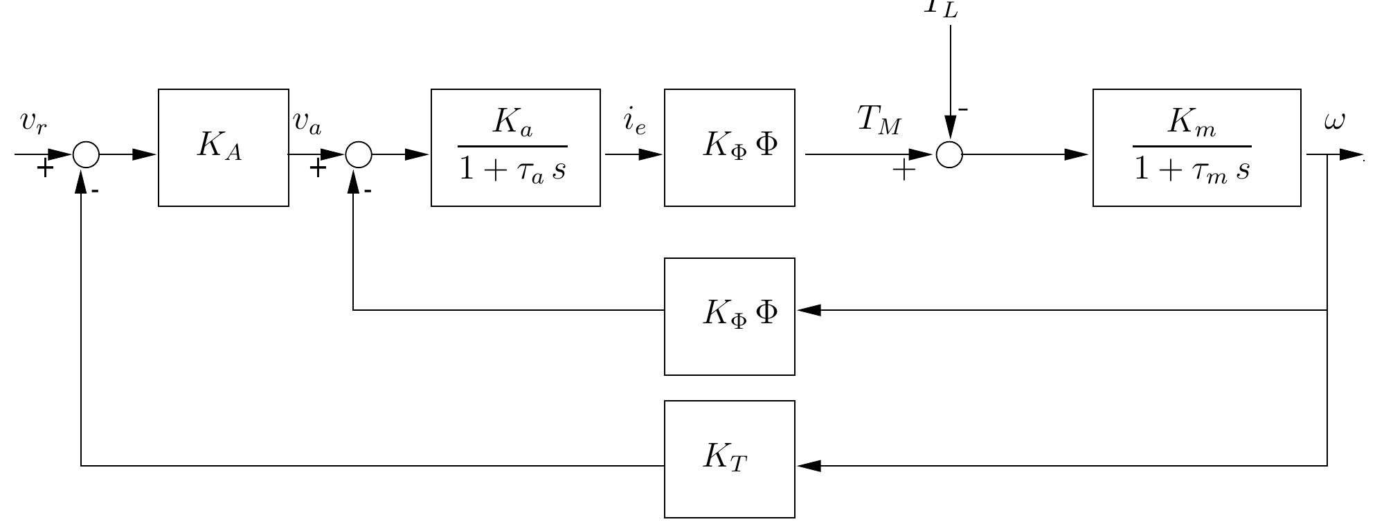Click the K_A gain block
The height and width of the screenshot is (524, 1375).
point(223,147)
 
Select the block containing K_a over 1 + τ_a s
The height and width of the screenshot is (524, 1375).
point(515,147)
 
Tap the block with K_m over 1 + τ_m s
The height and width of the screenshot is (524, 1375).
point(1196,147)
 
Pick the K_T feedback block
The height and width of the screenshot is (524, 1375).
point(729,459)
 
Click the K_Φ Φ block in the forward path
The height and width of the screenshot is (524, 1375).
point(729,147)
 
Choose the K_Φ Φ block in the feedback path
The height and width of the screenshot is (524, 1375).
point(729,316)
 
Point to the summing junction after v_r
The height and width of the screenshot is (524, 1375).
point(86,154)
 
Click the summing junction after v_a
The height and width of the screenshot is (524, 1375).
point(358,154)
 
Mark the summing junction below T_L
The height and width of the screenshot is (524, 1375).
point(949,154)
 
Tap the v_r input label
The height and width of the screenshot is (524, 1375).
point(33,121)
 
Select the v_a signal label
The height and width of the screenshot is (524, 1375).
point(307,121)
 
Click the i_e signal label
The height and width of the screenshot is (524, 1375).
point(634,121)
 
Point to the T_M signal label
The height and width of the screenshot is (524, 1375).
point(879,119)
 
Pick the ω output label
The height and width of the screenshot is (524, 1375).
point(1333,121)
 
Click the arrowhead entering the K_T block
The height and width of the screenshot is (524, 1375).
point(809,466)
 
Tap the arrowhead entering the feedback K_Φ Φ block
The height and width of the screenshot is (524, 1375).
point(809,310)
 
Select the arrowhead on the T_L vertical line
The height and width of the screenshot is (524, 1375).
point(950,126)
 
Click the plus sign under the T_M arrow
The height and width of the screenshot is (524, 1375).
point(903,170)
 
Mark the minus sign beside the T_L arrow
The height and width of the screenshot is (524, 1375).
point(963,109)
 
